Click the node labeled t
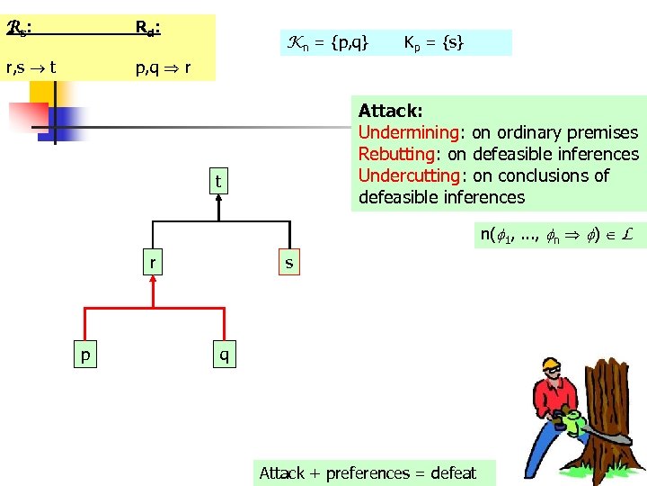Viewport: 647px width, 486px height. [x=217, y=183]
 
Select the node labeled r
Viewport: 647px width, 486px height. [x=153, y=264]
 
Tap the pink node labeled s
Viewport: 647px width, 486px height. [x=288, y=264]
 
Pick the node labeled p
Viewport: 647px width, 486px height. [x=84, y=355]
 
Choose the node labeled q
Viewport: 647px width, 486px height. [x=224, y=355]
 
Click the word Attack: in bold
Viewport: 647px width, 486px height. [x=390, y=111]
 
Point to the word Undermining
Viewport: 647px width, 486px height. [x=410, y=132]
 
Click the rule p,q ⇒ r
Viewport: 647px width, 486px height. [x=162, y=67]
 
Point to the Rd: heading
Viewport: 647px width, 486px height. [x=148, y=28]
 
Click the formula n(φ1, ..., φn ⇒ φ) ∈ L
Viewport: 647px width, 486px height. [x=557, y=235]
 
